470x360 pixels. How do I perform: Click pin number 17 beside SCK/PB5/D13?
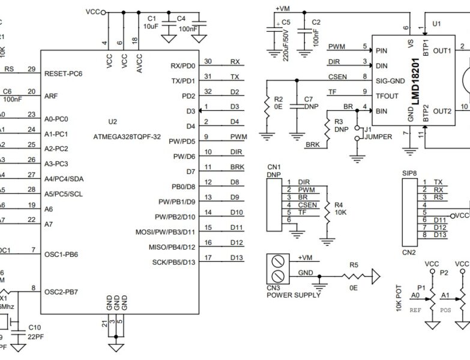(207, 258)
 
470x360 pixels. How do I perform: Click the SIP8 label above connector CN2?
(409, 173)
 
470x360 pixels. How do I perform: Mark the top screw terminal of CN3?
(277, 260)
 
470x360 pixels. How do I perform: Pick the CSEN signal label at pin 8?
(337, 77)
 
